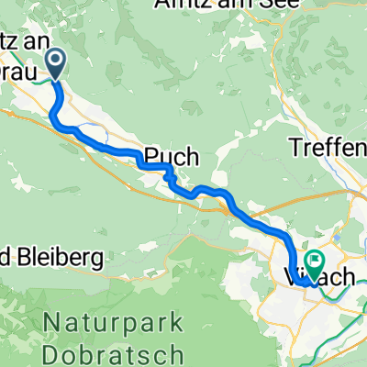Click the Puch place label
click(x=170, y=157)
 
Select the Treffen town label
click(x=328, y=147)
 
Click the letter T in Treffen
click(x=295, y=147)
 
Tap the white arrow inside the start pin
click(x=55, y=62)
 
